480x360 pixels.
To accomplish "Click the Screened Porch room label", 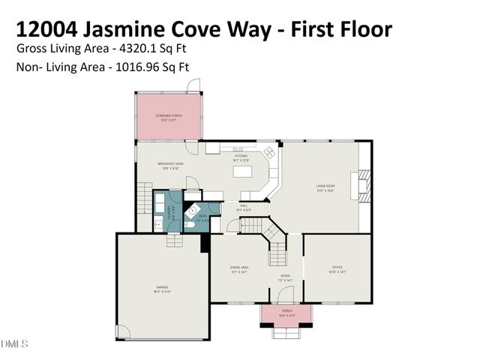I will [169, 117].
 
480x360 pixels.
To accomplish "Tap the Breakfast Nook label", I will [170, 166].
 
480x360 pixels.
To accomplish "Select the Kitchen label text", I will [241, 158].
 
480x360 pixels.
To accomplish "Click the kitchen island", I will [244, 172].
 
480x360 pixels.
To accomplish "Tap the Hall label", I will [244, 207].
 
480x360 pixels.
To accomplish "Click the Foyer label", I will [286, 277].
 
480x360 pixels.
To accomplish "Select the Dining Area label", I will [239, 268].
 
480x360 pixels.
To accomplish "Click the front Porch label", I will [286, 312].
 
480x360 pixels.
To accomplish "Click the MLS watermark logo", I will [14, 344].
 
